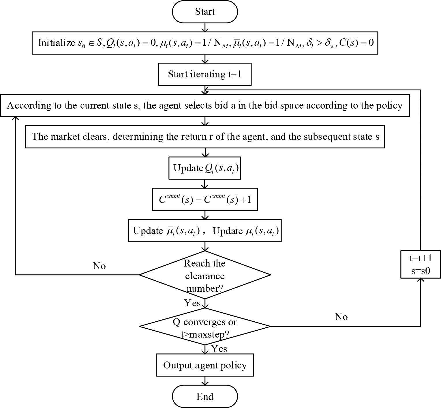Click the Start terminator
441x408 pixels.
tap(205, 12)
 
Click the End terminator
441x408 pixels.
tap(205, 396)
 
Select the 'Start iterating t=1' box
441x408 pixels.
tap(205, 74)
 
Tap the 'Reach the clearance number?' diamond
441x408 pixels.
tap(205, 275)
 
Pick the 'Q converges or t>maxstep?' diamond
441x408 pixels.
tap(205, 327)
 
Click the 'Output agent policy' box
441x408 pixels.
tap(205, 365)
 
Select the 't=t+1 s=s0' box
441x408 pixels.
tap(421, 264)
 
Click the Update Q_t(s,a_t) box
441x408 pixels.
tap(205, 168)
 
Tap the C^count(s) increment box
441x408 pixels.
tap(205, 200)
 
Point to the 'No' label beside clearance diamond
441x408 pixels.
tap(99, 266)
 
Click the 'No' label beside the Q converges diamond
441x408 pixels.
tap(341, 317)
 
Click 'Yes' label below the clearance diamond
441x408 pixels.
tap(192, 303)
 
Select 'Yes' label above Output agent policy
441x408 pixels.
tap(219, 349)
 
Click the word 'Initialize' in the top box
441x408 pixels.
tap(57, 43)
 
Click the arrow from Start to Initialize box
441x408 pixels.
tap(205, 27)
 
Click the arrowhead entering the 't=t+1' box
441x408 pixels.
tap(421, 280)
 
